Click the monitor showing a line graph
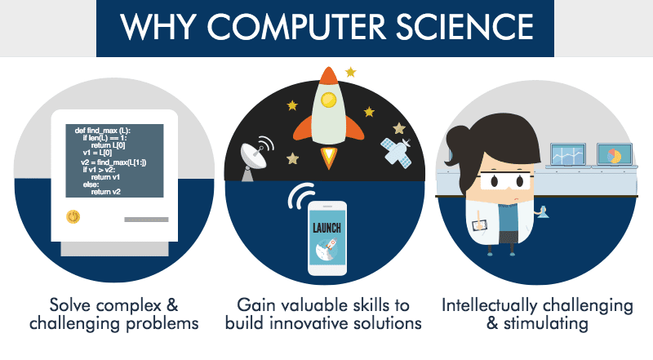567,154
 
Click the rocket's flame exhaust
329,155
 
